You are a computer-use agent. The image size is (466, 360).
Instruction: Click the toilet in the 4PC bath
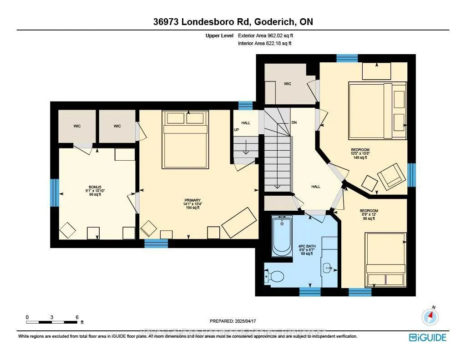click(275, 276)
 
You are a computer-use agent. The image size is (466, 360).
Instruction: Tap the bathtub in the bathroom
click(282, 236)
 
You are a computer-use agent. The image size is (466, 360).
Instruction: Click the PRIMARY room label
click(192, 200)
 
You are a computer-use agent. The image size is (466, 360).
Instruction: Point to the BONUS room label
click(95, 187)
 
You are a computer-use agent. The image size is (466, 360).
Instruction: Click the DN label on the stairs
click(294, 123)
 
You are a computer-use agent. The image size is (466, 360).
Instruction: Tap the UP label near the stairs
click(236, 130)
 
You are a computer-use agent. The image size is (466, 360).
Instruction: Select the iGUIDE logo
click(427, 337)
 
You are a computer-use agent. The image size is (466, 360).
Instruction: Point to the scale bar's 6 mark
click(77, 317)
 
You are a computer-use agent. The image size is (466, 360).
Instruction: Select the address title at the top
click(233, 22)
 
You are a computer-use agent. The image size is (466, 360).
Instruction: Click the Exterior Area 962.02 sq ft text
click(269, 35)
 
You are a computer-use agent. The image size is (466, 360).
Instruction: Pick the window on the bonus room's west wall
click(55, 193)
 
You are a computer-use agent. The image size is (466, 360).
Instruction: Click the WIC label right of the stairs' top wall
click(288, 84)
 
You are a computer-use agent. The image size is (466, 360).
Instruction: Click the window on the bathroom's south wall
click(310, 292)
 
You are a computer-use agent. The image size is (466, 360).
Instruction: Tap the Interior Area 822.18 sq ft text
click(265, 43)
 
